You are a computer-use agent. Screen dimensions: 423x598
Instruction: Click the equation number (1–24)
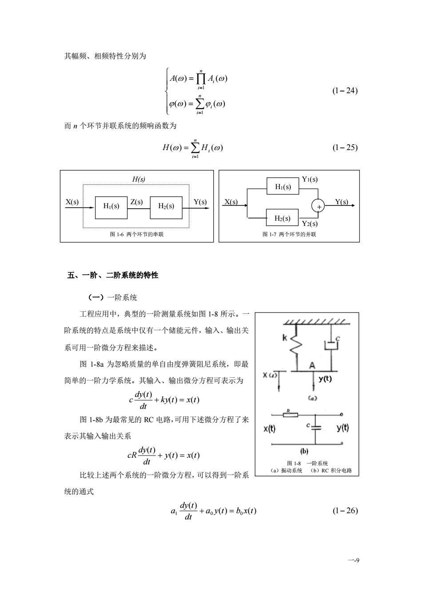[345, 91]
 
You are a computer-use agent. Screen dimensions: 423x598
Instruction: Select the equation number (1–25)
[345, 148]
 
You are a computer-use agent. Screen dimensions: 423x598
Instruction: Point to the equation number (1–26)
[345, 511]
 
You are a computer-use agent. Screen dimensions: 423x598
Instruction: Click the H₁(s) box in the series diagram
[111, 208]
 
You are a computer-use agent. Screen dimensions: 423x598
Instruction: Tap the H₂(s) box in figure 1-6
[166, 208]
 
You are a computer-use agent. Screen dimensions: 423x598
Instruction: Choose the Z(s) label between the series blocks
[136, 202]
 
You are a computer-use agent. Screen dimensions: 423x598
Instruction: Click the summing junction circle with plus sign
[318, 206]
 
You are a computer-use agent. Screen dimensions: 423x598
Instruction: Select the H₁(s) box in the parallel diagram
[283, 186]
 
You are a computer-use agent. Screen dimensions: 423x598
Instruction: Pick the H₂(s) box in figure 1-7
[283, 218]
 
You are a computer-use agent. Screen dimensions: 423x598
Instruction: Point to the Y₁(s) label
[310, 179]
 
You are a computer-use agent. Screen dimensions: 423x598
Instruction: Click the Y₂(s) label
[310, 223]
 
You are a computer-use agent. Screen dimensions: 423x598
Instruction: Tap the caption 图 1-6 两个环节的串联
[136, 234]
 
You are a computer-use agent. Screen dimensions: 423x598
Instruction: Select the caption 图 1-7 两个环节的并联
[289, 234]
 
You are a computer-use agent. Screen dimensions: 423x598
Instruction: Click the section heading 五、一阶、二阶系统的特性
[112, 275]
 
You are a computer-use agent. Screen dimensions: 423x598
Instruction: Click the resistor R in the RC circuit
[290, 415]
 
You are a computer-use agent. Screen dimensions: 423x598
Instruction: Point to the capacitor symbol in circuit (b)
[315, 428]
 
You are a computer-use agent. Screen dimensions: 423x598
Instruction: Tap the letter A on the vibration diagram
[312, 365]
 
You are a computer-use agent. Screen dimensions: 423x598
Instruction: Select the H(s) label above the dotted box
[139, 179]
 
